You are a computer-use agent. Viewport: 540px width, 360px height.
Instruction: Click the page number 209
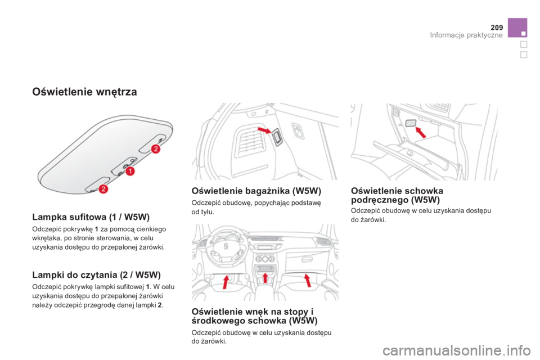(497, 28)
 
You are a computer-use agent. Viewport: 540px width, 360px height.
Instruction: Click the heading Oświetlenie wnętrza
(84, 92)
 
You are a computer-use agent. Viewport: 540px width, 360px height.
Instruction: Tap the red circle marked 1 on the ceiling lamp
(130, 171)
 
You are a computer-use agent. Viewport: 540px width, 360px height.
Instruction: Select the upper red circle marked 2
(156, 149)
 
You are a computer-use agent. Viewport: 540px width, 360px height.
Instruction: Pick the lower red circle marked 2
(103, 188)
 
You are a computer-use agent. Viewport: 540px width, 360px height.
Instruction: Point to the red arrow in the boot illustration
(265, 130)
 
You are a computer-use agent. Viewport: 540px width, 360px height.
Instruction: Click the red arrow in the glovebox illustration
(421, 132)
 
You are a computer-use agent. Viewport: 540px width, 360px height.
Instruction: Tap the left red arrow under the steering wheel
(226, 281)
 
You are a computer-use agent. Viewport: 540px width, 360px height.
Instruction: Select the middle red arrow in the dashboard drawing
(265, 277)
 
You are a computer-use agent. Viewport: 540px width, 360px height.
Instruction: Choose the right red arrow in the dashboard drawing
(307, 280)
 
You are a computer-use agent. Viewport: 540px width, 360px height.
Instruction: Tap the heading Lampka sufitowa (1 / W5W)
(91, 217)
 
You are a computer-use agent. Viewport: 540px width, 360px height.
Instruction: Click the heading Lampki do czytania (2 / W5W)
(96, 275)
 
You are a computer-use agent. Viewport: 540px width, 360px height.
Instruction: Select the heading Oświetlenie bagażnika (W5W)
(256, 191)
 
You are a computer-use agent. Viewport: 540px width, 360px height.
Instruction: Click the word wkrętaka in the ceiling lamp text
(44, 238)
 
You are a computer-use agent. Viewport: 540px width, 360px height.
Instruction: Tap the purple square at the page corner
(517, 28)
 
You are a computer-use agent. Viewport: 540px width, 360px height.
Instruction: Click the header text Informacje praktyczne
(466, 35)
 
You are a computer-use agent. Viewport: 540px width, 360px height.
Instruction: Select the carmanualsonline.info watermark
(457, 351)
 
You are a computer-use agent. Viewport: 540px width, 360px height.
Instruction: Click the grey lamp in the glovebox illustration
(411, 123)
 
